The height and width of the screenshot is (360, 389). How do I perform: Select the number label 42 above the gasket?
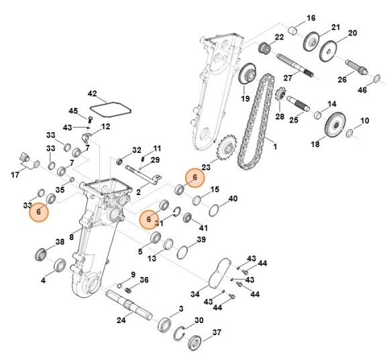(93, 94)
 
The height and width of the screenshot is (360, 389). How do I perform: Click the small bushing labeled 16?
(293, 30)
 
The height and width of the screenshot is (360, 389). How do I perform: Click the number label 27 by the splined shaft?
(288, 78)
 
